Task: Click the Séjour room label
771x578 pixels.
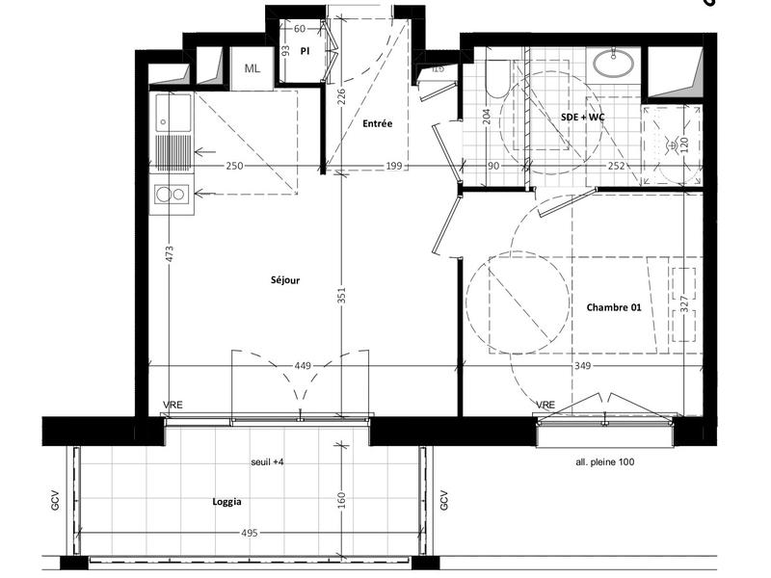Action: (x=285, y=280)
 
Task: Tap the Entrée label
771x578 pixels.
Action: (x=377, y=124)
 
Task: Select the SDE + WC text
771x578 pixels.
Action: (x=583, y=117)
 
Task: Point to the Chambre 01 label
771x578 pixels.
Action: (x=614, y=307)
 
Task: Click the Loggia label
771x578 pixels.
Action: (x=226, y=502)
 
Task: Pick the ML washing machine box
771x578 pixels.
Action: (x=253, y=68)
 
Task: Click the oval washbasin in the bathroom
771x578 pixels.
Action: (x=612, y=64)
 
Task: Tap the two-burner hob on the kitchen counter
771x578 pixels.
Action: (x=172, y=195)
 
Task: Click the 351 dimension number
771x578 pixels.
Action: (x=341, y=298)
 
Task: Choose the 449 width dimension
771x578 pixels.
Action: (x=301, y=365)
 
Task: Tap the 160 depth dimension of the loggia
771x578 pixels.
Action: (x=341, y=500)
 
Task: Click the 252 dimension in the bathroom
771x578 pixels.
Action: (x=618, y=167)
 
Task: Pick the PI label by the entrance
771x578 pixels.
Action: (x=304, y=50)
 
